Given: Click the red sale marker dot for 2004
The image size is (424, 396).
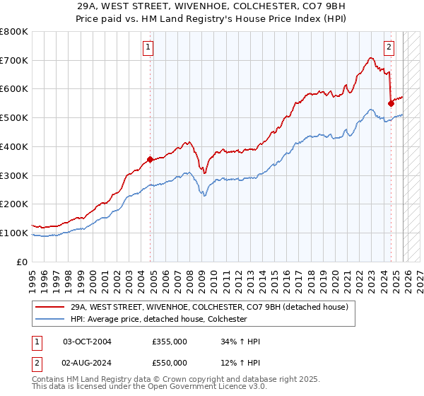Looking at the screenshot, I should [150, 159].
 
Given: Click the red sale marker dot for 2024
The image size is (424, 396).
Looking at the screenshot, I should [391, 103].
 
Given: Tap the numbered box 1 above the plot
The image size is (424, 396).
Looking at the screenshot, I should [148, 48].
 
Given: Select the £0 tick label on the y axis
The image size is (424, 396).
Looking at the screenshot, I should [22, 262].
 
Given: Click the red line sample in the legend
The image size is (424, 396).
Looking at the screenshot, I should [49, 308].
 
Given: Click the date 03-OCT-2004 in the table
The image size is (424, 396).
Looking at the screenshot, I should [87, 342].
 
